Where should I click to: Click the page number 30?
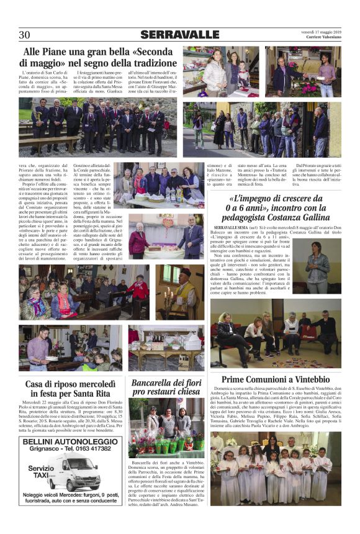tap(25, 35)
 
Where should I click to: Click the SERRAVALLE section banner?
tap(179, 35)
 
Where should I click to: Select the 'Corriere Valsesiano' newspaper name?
tap(322, 38)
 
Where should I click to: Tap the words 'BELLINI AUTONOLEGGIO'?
tap(61, 441)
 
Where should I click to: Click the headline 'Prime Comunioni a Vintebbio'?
tap(275, 379)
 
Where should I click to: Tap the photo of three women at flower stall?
tap(167, 428)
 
